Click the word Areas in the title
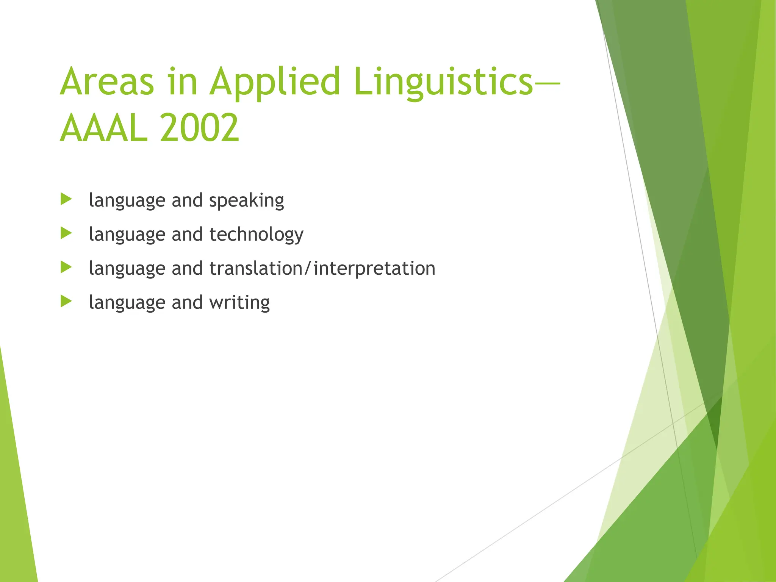pos(107,81)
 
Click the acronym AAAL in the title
pos(103,128)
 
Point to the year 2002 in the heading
pos(199,128)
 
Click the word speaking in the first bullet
pos(246,200)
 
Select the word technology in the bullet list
pos(256,235)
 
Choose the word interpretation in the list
pos(374,268)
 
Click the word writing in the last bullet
pos(239,302)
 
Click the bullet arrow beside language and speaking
pos(66,199)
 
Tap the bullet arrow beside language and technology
pos(66,233)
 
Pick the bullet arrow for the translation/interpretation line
pos(66,268)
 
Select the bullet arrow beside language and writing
pos(66,302)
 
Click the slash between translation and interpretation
pos(308,268)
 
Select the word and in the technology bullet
pos(187,234)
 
